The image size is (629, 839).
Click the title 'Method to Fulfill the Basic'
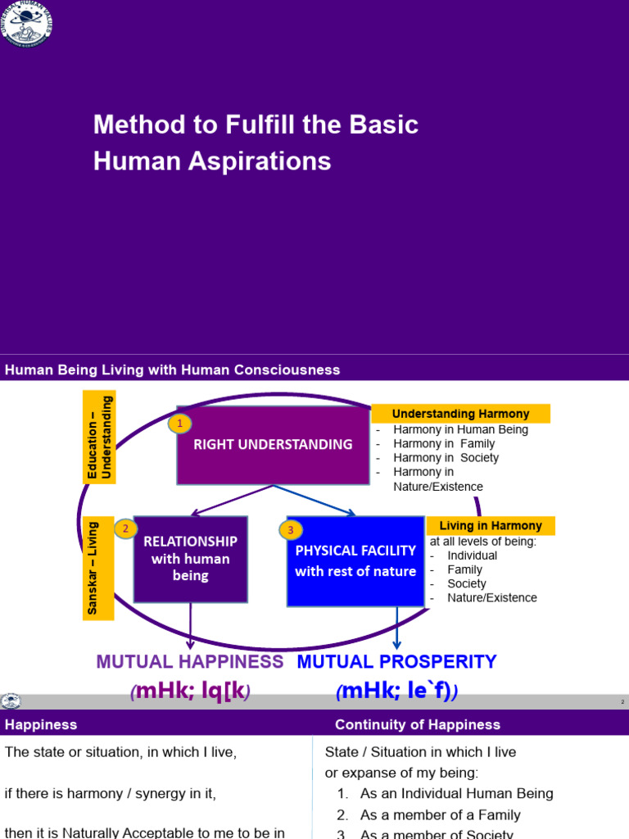[x=256, y=125]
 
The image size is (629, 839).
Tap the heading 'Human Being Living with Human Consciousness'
[x=172, y=370]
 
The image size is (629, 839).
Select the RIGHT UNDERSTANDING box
[x=273, y=445]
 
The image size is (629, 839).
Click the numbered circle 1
[x=179, y=424]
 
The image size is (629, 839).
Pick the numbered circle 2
[x=125, y=529]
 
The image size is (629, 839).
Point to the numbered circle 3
[x=290, y=530]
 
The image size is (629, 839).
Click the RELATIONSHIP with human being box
[x=190, y=559]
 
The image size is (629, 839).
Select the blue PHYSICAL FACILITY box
[x=355, y=561]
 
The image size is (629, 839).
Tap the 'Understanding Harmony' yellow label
[x=460, y=414]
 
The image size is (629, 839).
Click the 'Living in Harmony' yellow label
[x=491, y=525]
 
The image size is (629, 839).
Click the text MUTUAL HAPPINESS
[x=190, y=661]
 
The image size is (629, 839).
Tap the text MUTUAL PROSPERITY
[x=396, y=661]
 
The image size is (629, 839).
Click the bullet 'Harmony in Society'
[x=445, y=457]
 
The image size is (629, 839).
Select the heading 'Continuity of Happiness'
[x=417, y=724]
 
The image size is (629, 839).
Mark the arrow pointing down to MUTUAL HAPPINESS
[x=191, y=628]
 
